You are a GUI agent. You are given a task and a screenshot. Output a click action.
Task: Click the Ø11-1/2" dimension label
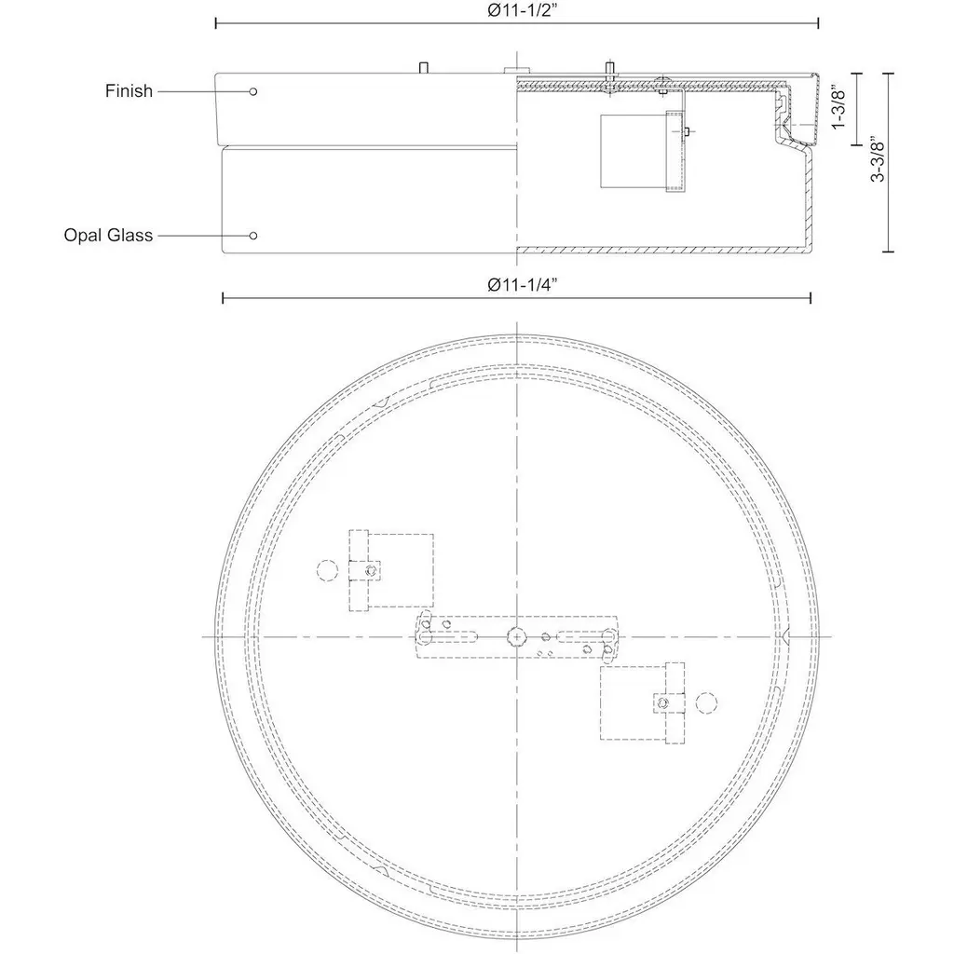click(522, 10)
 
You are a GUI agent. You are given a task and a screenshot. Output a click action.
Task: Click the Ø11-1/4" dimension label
click(522, 285)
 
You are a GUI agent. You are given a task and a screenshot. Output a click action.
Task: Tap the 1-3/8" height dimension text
click(838, 108)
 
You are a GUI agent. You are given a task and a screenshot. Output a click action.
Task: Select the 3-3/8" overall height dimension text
click(878, 160)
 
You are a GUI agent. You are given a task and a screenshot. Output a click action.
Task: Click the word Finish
click(129, 91)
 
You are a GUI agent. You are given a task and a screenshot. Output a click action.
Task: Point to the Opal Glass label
click(108, 236)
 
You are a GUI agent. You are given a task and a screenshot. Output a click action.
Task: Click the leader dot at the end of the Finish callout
click(253, 91)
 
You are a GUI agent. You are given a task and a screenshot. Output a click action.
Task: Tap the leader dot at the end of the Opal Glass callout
click(253, 236)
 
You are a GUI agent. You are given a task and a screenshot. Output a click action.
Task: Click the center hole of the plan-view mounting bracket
click(516, 636)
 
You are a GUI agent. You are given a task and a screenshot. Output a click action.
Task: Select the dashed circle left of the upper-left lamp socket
click(327, 570)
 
